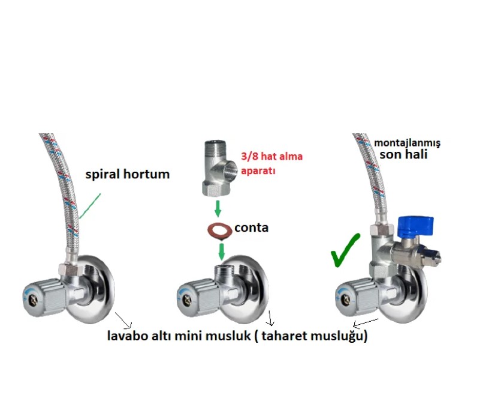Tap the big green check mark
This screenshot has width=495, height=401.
coord(345,249)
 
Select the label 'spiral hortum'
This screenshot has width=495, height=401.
coord(127,175)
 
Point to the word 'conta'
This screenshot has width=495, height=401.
coord(251,228)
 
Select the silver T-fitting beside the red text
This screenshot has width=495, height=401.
coord(218,167)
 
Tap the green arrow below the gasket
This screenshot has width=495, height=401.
coord(220,250)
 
